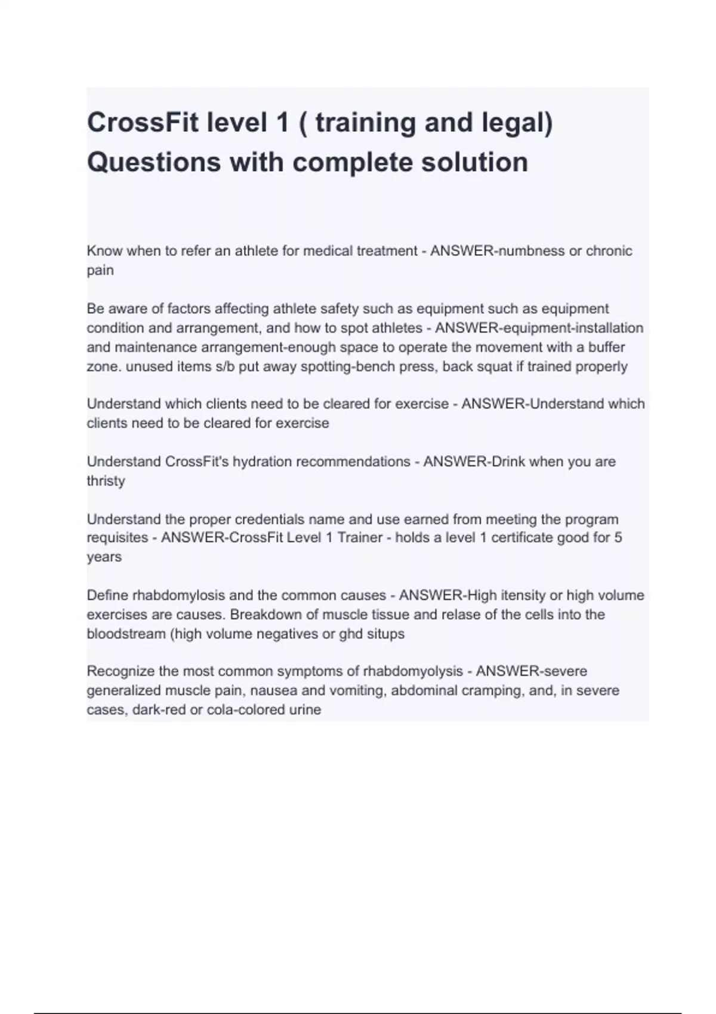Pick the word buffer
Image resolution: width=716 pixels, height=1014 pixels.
[606, 347]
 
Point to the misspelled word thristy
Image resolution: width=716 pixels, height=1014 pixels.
[106, 481]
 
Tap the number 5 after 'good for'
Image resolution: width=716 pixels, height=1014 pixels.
[618, 537]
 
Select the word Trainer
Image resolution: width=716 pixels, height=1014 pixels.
[360, 537]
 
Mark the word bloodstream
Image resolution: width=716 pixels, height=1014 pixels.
[126, 633]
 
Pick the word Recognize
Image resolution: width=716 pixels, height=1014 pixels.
[121, 671]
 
